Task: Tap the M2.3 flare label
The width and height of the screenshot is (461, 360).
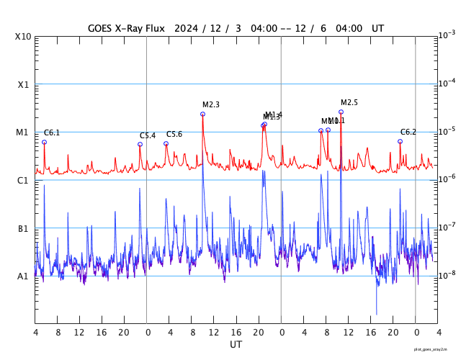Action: click(x=211, y=104)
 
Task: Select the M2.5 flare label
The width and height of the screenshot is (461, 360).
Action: click(x=349, y=102)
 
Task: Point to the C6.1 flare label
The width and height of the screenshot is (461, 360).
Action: click(x=52, y=132)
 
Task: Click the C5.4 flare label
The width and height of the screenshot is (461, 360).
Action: click(x=148, y=135)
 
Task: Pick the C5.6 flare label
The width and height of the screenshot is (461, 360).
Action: click(x=174, y=134)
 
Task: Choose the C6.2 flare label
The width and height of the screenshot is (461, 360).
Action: click(x=408, y=132)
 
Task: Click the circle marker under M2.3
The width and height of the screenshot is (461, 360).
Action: click(x=203, y=114)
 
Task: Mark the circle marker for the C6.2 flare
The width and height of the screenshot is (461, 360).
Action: click(x=400, y=141)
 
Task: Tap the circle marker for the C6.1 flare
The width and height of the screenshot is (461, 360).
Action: click(x=44, y=142)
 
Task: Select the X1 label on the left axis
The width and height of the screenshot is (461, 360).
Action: click(x=23, y=84)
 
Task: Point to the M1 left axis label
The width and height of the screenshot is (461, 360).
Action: click(x=22, y=132)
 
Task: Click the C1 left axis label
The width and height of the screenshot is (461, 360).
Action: click(x=23, y=180)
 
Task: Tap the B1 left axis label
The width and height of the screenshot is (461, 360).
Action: click(x=23, y=228)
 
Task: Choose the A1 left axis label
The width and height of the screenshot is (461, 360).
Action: click(x=23, y=276)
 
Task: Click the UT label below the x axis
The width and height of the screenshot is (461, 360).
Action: click(x=236, y=344)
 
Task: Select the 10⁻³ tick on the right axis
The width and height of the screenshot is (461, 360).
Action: click(x=447, y=35)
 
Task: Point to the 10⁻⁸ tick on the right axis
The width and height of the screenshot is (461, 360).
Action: click(x=447, y=275)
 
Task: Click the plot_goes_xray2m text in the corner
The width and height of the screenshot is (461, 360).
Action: click(x=436, y=348)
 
